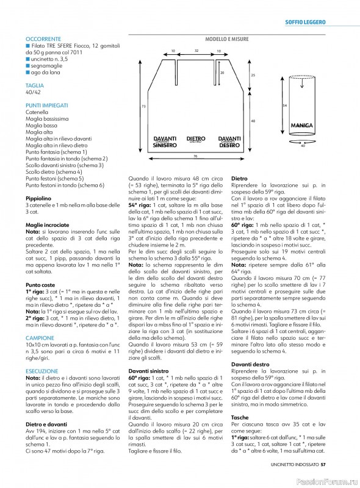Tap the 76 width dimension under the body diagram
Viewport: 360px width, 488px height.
[x=195, y=157]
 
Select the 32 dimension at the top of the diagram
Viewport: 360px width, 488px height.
[x=196, y=51]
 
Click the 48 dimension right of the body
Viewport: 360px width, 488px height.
[x=253, y=121]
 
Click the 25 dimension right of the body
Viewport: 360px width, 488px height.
[x=253, y=74]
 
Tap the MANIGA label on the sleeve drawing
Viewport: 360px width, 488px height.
[x=302, y=126]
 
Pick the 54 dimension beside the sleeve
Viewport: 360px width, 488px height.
[x=284, y=105]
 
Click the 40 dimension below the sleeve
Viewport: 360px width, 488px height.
[x=303, y=146]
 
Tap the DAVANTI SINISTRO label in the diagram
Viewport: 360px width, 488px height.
[x=165, y=143]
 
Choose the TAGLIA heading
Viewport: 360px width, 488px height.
[x=34, y=86]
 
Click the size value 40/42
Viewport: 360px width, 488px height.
[x=34, y=93]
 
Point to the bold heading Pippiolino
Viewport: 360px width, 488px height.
[x=41, y=199]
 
